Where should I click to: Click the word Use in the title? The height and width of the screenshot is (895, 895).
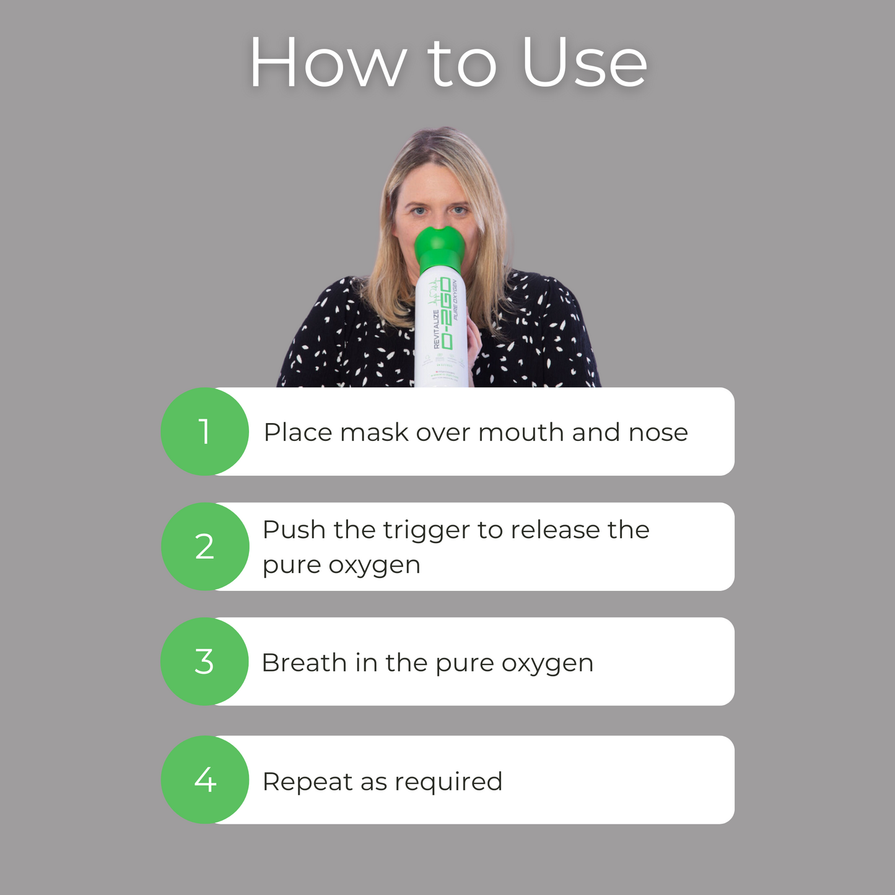(x=584, y=63)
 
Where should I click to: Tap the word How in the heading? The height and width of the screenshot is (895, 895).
(x=328, y=63)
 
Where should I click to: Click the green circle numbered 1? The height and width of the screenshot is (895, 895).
(x=204, y=432)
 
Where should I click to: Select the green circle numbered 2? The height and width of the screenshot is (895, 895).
(x=204, y=547)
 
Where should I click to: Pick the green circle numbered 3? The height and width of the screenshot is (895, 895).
(x=204, y=661)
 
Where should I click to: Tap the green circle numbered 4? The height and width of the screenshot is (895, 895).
(x=204, y=780)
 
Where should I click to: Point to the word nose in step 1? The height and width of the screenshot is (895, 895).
(x=658, y=432)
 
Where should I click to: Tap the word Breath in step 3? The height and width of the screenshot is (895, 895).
(x=303, y=663)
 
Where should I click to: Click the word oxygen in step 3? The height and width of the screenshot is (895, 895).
(x=547, y=664)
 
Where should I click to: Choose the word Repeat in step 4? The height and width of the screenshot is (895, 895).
(x=307, y=782)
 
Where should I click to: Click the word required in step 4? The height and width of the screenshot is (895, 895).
(x=448, y=782)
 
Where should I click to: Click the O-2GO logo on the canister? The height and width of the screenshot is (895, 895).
(x=445, y=313)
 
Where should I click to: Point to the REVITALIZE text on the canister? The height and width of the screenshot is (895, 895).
(x=436, y=329)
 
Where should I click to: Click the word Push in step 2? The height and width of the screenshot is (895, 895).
(x=294, y=530)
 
